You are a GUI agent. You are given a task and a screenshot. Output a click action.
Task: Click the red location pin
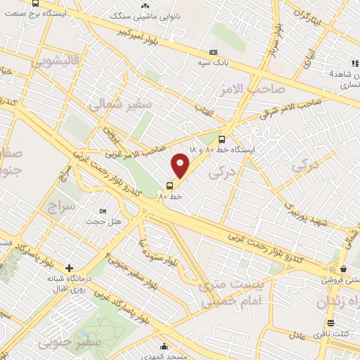[181, 165]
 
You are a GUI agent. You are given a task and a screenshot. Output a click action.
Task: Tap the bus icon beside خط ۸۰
[169, 186]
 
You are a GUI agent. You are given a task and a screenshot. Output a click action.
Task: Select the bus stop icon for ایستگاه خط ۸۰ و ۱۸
[222, 139]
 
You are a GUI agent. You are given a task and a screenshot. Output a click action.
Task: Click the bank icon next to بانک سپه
[213, 53]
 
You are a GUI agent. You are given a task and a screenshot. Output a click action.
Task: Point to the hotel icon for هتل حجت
[103, 211]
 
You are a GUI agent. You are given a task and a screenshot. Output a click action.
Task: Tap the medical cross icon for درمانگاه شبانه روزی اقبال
[69, 268]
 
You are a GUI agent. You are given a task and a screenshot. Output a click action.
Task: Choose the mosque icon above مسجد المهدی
[165, 346]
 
